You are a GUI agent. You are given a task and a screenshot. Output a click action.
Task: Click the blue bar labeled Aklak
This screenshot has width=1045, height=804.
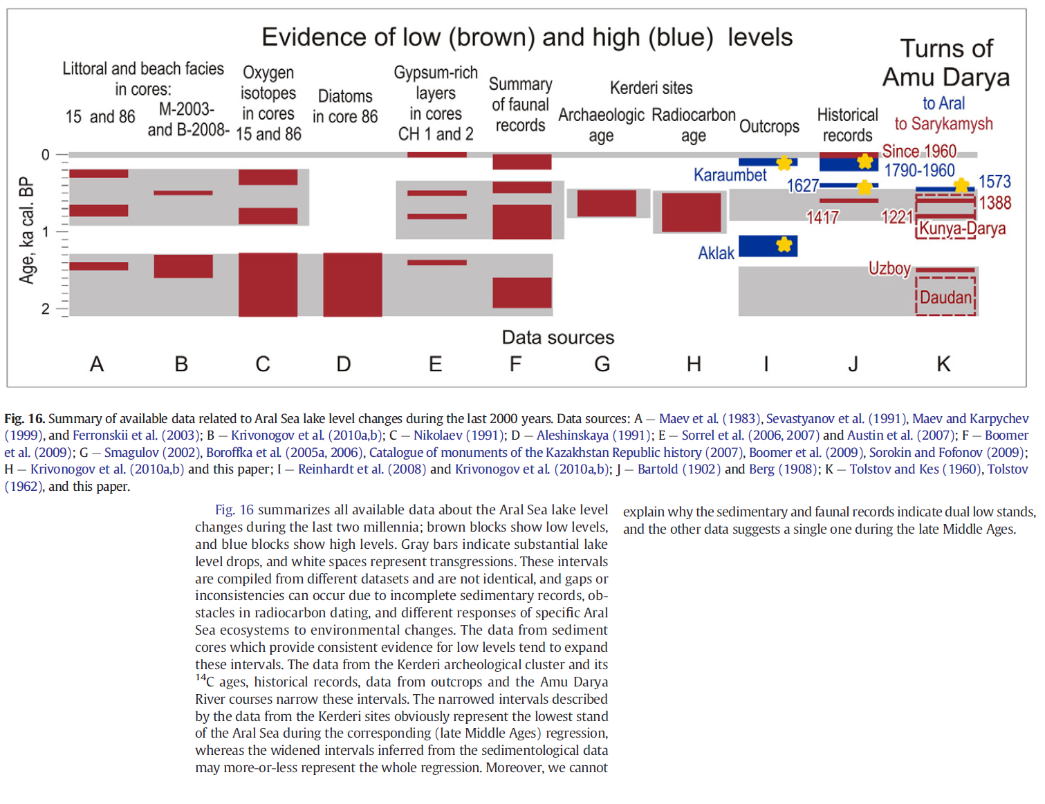click(x=768, y=245)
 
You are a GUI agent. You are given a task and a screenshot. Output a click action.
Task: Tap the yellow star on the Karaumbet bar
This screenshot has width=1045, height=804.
click(x=784, y=163)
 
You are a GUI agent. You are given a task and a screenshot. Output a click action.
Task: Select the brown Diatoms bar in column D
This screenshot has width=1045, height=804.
click(x=353, y=285)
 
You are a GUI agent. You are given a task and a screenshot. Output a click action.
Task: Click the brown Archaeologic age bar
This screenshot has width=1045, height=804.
click(x=607, y=203)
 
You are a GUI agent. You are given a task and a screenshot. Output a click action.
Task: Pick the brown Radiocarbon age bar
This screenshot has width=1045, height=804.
click(x=691, y=212)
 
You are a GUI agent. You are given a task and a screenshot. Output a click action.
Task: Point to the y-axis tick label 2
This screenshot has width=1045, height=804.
click(x=45, y=308)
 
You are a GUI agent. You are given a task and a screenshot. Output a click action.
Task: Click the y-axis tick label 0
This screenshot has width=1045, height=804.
click(x=45, y=155)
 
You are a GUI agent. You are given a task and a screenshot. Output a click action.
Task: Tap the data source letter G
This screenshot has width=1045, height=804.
click(x=602, y=364)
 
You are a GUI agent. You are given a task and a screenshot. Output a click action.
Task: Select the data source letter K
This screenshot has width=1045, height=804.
click(x=943, y=364)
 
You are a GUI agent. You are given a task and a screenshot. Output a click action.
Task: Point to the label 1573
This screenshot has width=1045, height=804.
click(x=995, y=182)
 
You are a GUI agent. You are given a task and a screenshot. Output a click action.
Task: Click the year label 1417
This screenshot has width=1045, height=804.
click(x=822, y=218)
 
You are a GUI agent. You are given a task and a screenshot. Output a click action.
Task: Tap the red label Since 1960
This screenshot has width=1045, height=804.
click(x=919, y=151)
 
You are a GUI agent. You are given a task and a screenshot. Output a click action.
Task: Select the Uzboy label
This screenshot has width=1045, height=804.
click(x=889, y=268)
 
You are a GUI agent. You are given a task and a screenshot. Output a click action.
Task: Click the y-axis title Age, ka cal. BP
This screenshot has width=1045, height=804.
click(x=27, y=231)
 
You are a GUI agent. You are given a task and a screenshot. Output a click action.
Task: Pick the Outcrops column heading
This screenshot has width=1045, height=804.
click(x=769, y=127)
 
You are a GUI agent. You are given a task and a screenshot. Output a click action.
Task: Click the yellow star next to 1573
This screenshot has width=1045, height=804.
click(x=961, y=185)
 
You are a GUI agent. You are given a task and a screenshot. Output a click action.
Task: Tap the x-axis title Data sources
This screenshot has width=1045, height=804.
click(x=558, y=337)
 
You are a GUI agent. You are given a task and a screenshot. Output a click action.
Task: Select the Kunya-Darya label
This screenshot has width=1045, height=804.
click(x=962, y=228)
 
